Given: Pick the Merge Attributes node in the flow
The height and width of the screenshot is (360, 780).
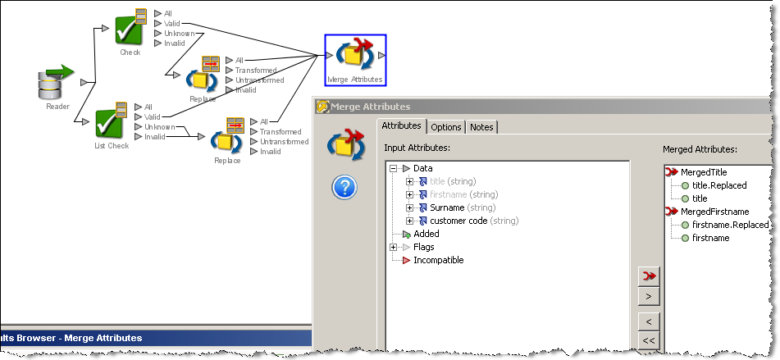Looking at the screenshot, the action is tap(355, 60).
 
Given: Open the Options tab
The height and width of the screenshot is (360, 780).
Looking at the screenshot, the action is tap(445, 127).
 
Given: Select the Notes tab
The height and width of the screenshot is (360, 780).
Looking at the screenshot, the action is tap(481, 127).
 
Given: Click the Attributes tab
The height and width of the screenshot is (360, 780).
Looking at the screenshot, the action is tap(401, 125).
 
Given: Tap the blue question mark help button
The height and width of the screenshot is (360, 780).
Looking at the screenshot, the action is tap(344, 188).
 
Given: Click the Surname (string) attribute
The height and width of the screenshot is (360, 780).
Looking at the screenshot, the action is tap(463, 207).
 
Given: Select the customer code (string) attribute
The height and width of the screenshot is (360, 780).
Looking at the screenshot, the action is tap(474, 221).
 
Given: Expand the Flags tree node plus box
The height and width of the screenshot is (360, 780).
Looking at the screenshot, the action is tap(394, 247).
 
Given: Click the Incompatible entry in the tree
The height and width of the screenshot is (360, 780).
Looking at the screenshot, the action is tap(438, 260).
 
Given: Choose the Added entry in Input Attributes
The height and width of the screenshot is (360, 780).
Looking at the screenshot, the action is tap(426, 234).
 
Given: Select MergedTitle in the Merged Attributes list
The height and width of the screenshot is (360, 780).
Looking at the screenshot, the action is tap(704, 172).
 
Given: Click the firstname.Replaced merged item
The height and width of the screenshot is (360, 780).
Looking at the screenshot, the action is tap(730, 225).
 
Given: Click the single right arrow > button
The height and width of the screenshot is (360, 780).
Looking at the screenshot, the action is tap(649, 296).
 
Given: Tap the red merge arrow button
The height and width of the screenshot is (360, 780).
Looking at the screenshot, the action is tap(649, 276).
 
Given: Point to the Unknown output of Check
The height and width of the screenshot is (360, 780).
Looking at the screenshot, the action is tap(180, 34).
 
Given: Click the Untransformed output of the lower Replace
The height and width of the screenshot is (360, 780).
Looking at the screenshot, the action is tap(284, 142).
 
